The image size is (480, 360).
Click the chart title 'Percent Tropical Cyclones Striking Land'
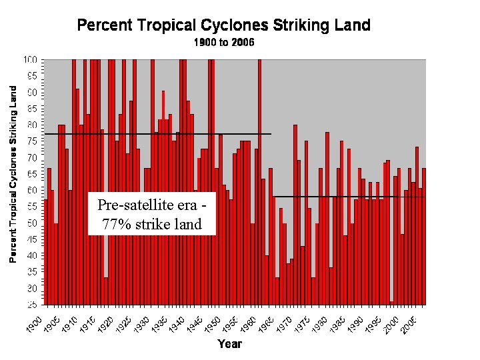pyautogui.click(x=224, y=26)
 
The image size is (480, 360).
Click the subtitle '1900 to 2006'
pyautogui.click(x=224, y=42)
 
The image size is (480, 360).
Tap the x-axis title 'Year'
pyautogui.click(x=229, y=344)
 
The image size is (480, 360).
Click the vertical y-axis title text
pyautogui.click(x=13, y=173)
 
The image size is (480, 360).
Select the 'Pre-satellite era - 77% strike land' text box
pyautogui.click(x=152, y=214)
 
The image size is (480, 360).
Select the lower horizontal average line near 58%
pyautogui.click(x=347, y=197)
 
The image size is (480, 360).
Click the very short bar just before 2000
pyautogui.click(x=391, y=303)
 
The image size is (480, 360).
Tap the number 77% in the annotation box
pyautogui.click(x=115, y=225)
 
